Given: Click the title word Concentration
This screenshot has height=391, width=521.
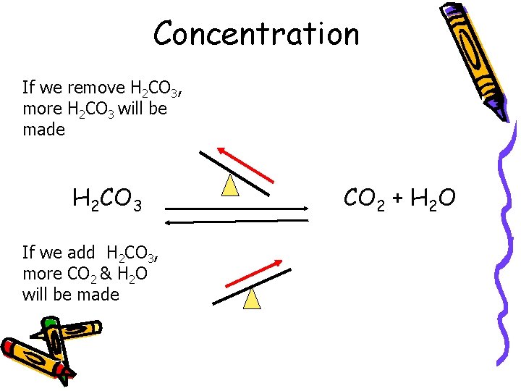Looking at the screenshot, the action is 256,33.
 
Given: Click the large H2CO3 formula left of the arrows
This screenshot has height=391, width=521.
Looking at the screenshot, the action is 106,197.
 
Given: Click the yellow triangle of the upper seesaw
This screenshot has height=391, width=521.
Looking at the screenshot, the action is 230,186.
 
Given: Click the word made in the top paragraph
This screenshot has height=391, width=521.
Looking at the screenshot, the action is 43,130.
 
